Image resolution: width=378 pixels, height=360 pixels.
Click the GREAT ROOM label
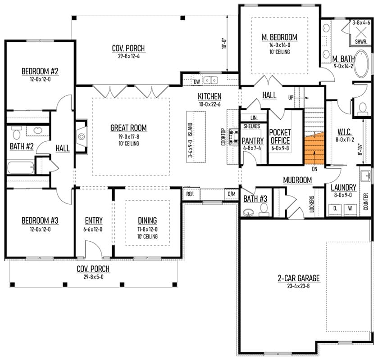click(x=128, y=128)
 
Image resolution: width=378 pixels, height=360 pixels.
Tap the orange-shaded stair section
click(x=314, y=149)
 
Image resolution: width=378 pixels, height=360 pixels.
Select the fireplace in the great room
click(x=82, y=136)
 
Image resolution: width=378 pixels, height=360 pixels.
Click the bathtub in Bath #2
click(x=21, y=167)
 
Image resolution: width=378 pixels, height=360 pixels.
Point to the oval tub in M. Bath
click(x=361, y=64)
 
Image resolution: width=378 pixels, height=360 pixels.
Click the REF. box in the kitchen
click(x=191, y=194)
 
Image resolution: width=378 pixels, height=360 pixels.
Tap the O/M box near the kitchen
click(x=232, y=194)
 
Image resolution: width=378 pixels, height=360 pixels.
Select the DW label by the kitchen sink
click(x=197, y=81)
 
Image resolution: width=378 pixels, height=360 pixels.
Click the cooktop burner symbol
click(x=233, y=137)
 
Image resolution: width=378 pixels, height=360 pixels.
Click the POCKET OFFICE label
click(x=280, y=136)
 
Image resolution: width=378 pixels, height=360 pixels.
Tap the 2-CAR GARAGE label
click(x=299, y=278)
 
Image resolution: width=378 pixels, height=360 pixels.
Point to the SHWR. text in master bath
click(x=361, y=42)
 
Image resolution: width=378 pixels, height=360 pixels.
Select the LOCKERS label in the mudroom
click(x=312, y=204)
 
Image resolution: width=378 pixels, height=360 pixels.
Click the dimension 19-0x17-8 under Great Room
click(x=128, y=137)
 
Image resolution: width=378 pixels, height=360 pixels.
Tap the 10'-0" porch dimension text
click(x=224, y=43)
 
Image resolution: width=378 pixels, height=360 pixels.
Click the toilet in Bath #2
click(x=16, y=132)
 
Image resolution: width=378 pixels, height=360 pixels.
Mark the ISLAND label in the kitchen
click(x=190, y=130)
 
